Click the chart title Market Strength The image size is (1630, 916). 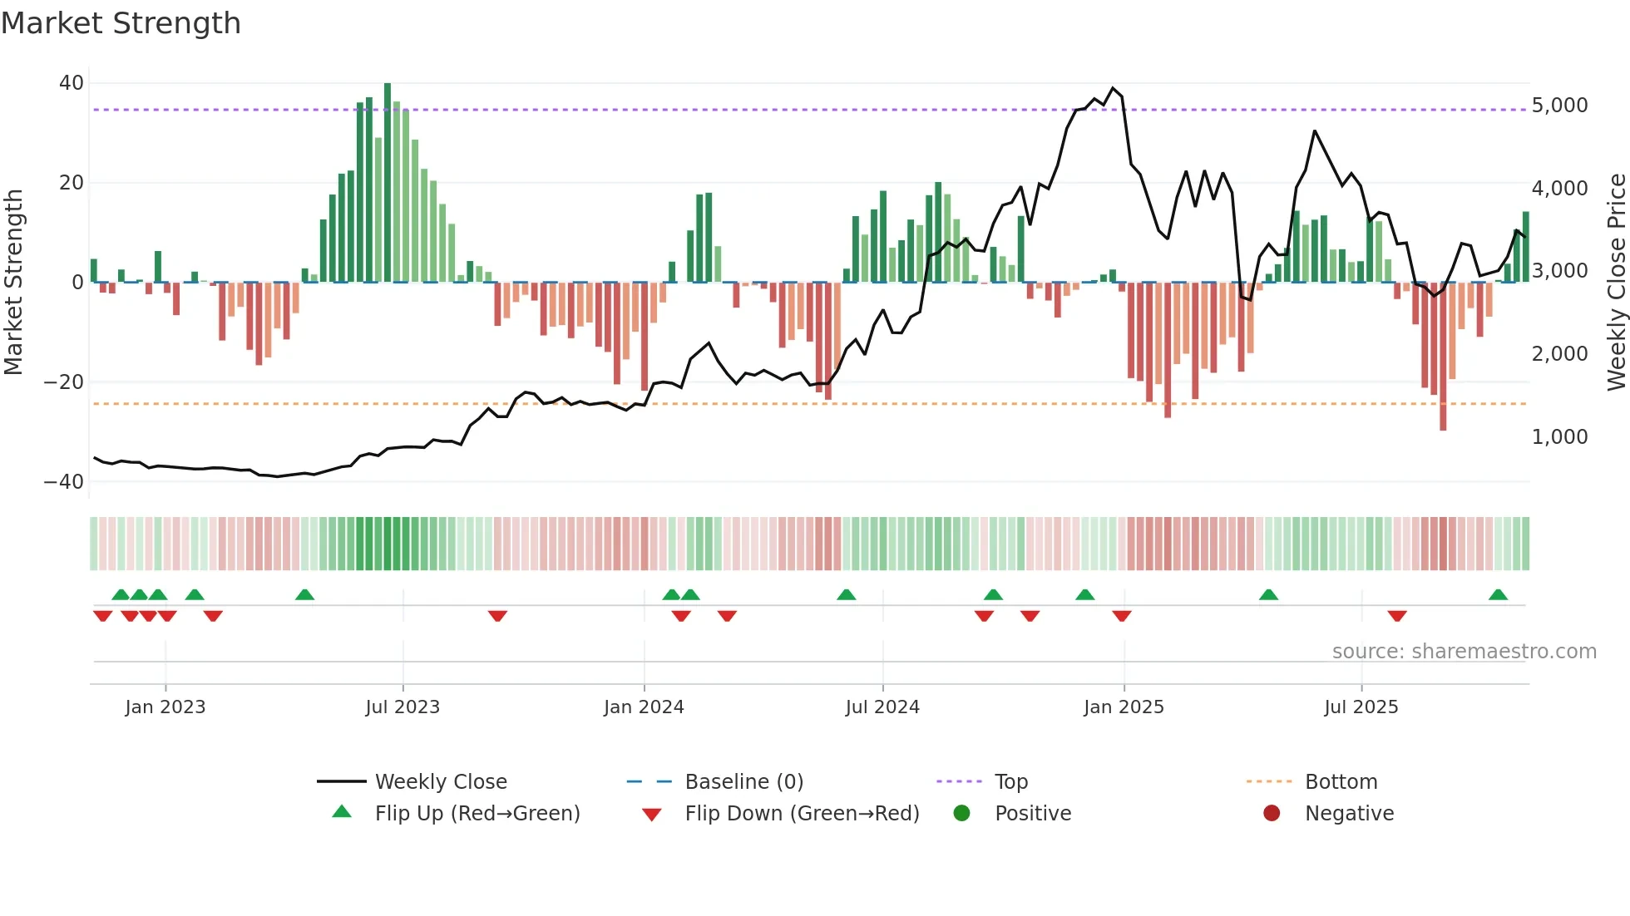[x=121, y=23]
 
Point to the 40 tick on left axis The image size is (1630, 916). [x=72, y=83]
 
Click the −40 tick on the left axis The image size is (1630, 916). [x=64, y=482]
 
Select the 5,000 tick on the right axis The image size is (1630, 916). [x=1559, y=106]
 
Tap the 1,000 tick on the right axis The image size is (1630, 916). [x=1559, y=437]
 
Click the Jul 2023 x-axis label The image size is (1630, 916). [x=403, y=707]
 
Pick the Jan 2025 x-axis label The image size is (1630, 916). [x=1124, y=707]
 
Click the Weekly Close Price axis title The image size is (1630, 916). [x=1616, y=283]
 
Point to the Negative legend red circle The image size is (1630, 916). [x=1272, y=814]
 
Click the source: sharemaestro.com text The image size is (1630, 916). [x=1464, y=652]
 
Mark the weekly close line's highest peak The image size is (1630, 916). [x=1113, y=88]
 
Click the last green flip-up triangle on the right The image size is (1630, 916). [x=1498, y=595]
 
